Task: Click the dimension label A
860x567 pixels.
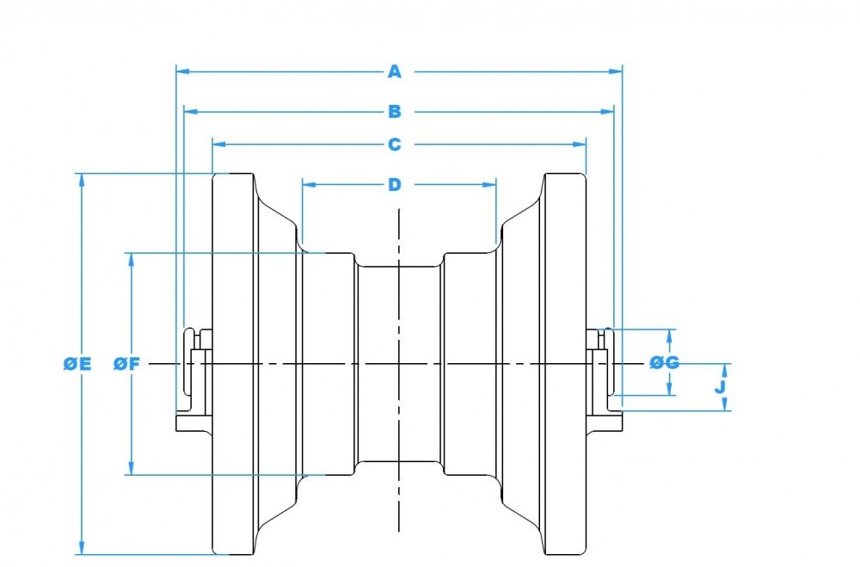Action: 394,71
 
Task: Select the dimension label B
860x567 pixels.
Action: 394,111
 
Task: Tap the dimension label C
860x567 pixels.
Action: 394,145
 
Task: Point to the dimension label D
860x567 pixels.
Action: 394,184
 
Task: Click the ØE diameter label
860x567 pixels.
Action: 77,364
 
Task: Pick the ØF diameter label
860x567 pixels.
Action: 126,364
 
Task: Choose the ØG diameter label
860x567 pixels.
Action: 664,363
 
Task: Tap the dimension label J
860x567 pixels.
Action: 722,387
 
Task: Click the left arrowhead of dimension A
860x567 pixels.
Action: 181,71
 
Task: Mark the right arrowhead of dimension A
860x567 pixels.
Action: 617,71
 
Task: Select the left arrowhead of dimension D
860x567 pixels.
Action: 308,184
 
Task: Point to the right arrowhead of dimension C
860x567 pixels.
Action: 580,145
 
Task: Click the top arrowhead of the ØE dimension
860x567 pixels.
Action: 82,180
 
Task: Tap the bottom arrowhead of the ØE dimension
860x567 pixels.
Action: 82,549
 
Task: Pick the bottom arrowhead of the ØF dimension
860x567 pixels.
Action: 131,469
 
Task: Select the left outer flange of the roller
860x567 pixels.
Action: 234,364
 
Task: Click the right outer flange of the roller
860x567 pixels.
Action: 564,364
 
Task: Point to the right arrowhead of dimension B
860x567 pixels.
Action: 608,111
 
